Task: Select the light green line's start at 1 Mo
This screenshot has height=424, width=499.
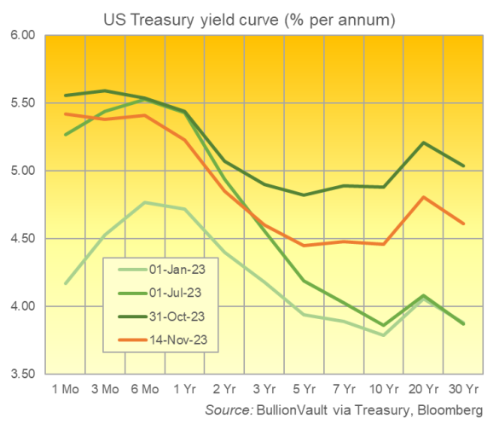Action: tap(66, 283)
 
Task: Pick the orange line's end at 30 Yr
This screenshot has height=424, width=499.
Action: tap(463, 224)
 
